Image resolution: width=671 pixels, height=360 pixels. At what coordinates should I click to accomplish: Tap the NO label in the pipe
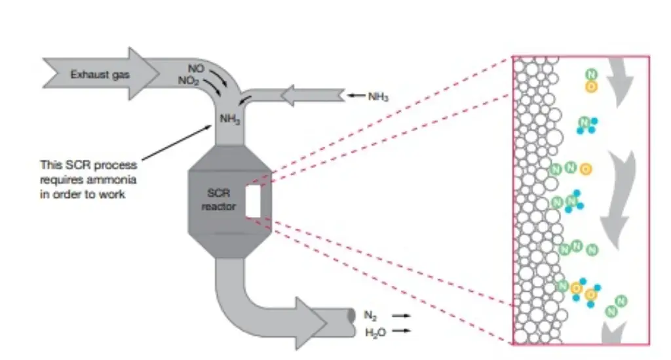195,68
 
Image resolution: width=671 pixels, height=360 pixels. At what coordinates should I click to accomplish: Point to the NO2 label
189,81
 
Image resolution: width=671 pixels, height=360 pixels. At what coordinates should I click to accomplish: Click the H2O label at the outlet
375,332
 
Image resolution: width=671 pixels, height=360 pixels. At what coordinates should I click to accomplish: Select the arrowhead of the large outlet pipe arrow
315,317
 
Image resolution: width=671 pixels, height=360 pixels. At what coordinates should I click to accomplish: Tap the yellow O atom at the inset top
592,86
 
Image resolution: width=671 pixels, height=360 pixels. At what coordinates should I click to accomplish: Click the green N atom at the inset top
592,74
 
